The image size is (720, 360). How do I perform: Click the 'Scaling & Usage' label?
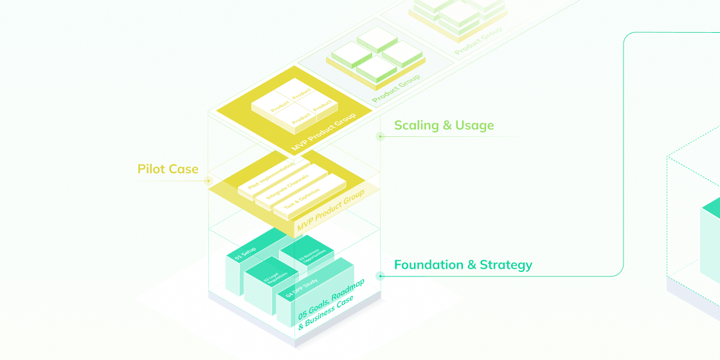click(x=444, y=125)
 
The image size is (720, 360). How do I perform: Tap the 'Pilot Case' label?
click(x=168, y=169)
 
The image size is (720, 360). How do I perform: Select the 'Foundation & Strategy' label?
click(x=463, y=265)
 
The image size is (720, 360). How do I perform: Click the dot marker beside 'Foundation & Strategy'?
click(x=380, y=276)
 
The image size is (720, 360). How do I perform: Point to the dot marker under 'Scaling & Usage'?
click(x=380, y=136)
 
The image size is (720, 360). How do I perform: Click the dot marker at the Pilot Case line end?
click(x=208, y=181)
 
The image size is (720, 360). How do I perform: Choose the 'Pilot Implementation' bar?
click(x=271, y=174)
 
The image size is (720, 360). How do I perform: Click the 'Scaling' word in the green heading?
click(x=415, y=125)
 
